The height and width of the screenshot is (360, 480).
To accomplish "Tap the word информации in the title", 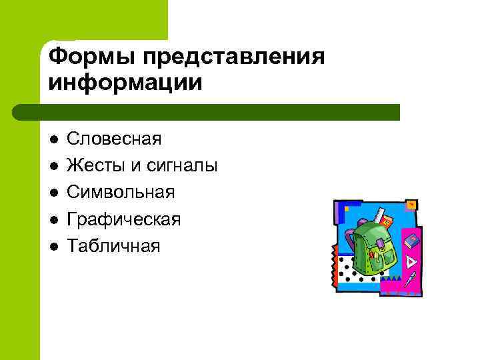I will [x=125, y=83].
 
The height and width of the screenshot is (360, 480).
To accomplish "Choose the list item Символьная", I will [x=121, y=193].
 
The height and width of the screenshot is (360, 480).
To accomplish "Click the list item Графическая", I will [x=124, y=219].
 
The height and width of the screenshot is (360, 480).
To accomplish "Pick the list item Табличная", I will [x=114, y=246].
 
